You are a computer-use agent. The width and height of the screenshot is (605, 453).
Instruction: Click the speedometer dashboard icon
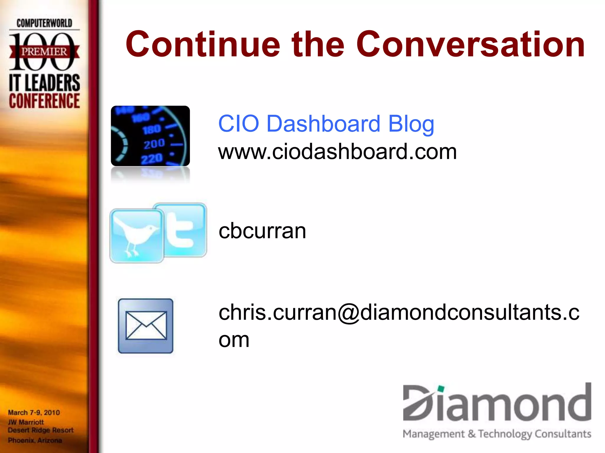point(150,136)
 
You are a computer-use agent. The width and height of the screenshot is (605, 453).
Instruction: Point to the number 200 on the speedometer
point(154,144)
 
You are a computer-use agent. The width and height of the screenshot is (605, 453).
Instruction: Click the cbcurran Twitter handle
point(262,231)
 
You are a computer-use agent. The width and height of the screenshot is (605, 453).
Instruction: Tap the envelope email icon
point(146,326)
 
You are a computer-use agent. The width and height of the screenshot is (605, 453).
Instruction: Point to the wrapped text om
point(234,340)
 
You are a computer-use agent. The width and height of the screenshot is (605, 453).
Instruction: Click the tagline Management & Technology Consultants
point(497,434)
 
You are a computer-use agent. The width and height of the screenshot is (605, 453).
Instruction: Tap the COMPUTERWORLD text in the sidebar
point(44,23)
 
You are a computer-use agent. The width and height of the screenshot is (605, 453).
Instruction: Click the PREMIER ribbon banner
point(44,52)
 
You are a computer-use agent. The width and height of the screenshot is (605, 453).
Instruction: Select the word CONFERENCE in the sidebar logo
point(44,101)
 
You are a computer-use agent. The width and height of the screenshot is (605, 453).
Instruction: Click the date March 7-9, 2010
point(34,412)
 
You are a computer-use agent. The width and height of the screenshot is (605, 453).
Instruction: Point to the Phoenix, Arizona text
point(35,440)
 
